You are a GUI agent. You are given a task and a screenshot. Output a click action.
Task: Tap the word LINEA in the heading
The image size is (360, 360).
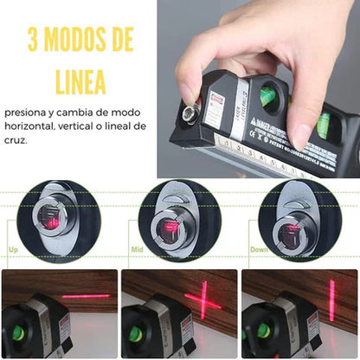[80, 81]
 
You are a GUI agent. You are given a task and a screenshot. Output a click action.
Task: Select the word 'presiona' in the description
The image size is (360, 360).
[26, 112]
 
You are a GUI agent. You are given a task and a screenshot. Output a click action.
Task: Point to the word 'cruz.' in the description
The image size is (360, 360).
[15, 140]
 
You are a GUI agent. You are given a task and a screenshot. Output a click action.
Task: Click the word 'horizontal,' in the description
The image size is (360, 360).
[29, 126]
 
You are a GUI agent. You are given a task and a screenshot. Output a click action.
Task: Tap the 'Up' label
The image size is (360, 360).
[13, 249]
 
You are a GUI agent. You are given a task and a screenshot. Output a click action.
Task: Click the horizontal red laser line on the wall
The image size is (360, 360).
[86, 296]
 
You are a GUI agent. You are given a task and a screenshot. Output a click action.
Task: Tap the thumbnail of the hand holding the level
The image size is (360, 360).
[258, 87]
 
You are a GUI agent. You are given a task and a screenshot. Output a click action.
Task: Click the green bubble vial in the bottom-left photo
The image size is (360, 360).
[18, 333]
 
